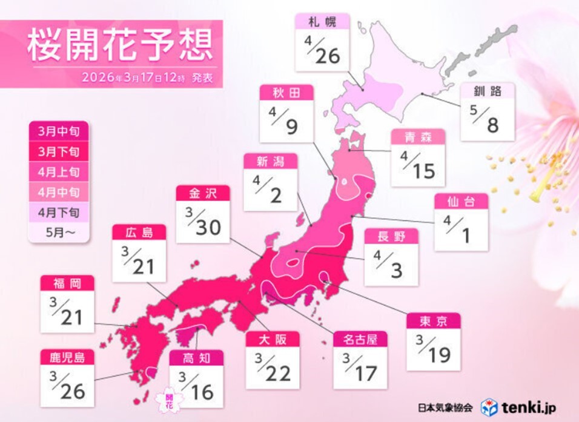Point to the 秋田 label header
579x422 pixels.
(x=286, y=92)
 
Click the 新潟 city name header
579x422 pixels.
(x=270, y=160)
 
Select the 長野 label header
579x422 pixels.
(x=391, y=236)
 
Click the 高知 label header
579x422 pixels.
(x=196, y=358)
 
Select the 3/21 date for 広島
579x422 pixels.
(x=139, y=261)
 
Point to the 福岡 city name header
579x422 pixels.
(x=67, y=283)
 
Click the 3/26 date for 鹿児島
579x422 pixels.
(x=67, y=387)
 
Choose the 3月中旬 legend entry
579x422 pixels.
(x=59, y=130)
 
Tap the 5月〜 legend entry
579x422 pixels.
(x=59, y=232)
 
